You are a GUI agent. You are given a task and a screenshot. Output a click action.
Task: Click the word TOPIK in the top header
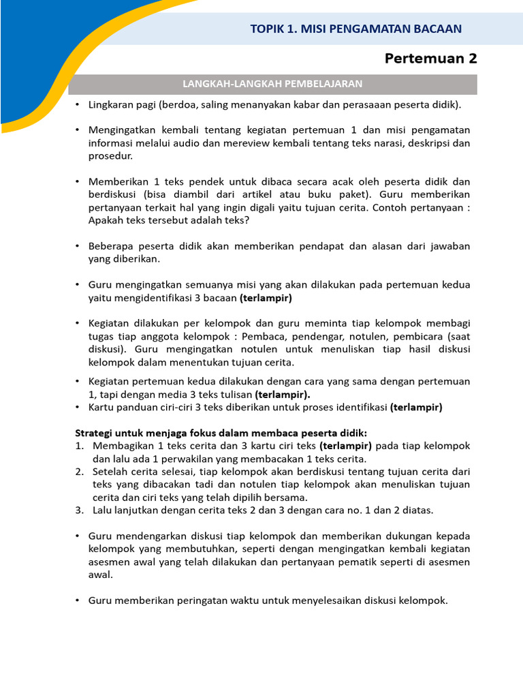[x=266, y=29]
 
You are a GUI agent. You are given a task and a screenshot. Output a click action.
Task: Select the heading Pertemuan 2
[x=430, y=59]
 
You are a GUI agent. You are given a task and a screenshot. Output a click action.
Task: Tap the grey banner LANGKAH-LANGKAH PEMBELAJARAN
[x=272, y=84]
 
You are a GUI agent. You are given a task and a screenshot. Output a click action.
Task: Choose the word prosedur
[x=110, y=155]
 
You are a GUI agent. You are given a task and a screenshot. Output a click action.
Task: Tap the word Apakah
[x=105, y=220]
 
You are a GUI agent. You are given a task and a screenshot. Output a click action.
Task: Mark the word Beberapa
[x=112, y=246]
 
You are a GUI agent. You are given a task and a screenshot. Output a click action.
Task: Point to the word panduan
[x=136, y=408]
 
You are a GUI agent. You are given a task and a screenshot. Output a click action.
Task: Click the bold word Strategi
[x=94, y=433]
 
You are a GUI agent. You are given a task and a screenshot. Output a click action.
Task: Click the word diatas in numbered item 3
[x=418, y=510]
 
